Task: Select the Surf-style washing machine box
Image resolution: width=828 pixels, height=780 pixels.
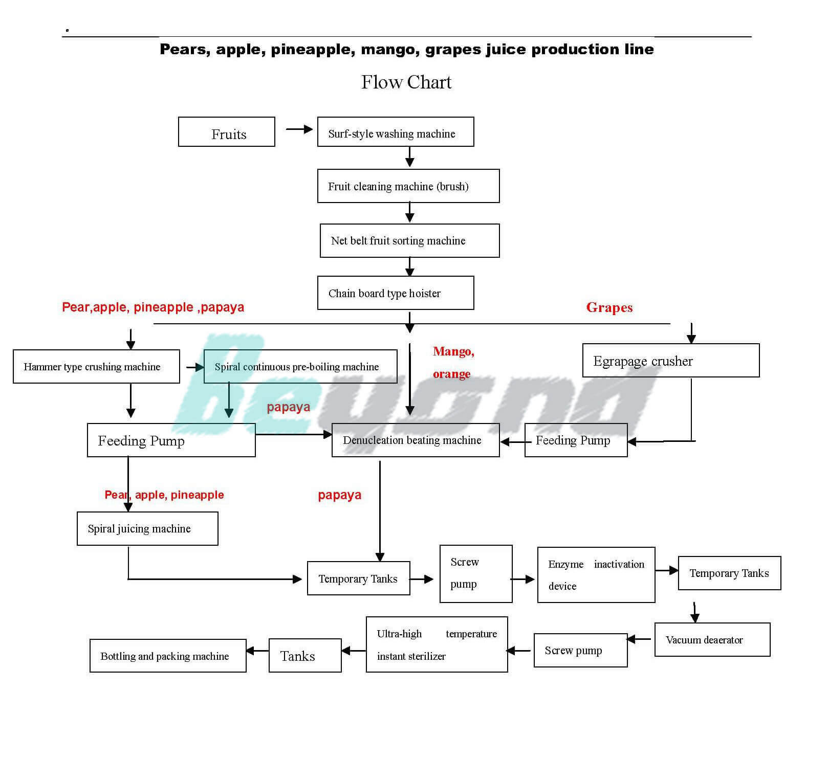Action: (x=395, y=132)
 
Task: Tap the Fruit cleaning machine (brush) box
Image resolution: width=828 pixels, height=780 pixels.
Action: (x=408, y=186)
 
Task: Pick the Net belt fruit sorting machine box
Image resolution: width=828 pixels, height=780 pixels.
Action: (x=409, y=240)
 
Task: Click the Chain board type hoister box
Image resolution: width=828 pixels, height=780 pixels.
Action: (x=395, y=293)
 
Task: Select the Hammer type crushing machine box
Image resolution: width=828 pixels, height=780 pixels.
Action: (x=96, y=367)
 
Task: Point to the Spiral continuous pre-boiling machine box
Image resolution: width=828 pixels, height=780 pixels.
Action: (x=300, y=367)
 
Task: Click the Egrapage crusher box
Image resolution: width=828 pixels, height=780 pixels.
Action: (x=670, y=361)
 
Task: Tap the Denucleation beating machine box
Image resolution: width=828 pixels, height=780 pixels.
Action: (x=416, y=440)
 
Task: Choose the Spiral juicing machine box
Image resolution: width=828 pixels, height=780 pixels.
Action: (x=147, y=529)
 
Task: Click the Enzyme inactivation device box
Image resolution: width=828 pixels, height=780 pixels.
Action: (x=596, y=575)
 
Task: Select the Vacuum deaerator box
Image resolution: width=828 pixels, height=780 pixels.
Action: (x=712, y=640)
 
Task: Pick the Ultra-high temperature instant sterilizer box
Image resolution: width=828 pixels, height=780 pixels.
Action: (x=437, y=644)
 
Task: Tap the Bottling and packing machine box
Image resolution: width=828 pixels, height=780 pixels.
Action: (x=168, y=656)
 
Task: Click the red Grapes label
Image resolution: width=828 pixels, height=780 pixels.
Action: (x=609, y=307)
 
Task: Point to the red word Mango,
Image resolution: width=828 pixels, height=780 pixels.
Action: (x=453, y=351)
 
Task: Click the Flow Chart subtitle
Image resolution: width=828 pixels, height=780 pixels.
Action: (x=406, y=82)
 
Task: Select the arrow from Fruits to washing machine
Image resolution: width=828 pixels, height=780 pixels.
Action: (x=299, y=129)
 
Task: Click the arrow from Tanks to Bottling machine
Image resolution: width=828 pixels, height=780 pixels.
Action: (x=257, y=651)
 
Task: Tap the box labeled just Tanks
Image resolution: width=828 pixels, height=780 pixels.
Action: (x=305, y=656)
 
